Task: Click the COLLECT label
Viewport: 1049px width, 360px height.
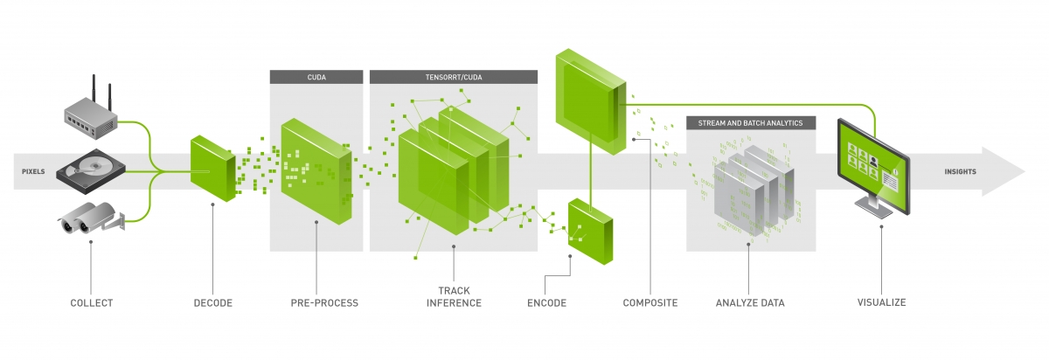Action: click(x=92, y=303)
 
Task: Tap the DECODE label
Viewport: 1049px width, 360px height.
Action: click(x=213, y=303)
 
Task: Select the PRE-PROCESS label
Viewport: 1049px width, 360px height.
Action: click(x=324, y=303)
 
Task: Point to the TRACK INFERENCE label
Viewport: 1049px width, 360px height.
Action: click(x=454, y=297)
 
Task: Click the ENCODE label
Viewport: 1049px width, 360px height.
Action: click(x=546, y=303)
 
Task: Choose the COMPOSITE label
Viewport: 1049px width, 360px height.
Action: click(x=650, y=303)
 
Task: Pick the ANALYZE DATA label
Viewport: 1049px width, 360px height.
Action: click(x=750, y=303)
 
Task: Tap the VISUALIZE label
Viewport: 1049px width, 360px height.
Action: click(x=881, y=303)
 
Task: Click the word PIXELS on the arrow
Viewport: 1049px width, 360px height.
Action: click(x=33, y=172)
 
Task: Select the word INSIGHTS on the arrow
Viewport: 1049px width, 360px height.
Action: click(x=961, y=172)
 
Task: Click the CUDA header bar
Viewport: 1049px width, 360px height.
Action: click(x=316, y=77)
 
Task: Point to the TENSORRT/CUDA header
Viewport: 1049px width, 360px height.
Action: click(x=453, y=77)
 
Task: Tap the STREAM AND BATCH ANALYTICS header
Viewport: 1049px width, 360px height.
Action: click(x=751, y=122)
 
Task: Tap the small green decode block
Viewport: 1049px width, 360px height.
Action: click(x=212, y=168)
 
